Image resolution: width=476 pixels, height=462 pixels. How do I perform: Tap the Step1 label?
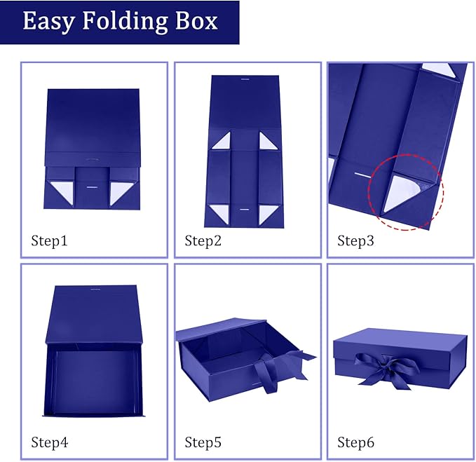(x=50, y=241)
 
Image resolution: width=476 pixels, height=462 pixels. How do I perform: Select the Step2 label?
(x=203, y=241)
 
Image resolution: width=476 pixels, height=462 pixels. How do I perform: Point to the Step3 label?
(x=356, y=241)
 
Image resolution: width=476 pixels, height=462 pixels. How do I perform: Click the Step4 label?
(x=50, y=442)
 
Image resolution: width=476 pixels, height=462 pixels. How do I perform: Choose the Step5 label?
(x=203, y=442)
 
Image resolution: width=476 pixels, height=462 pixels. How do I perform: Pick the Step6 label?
(x=356, y=442)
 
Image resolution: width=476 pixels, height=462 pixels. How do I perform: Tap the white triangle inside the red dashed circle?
(x=402, y=192)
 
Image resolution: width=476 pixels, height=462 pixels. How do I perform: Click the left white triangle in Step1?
(x=59, y=189)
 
